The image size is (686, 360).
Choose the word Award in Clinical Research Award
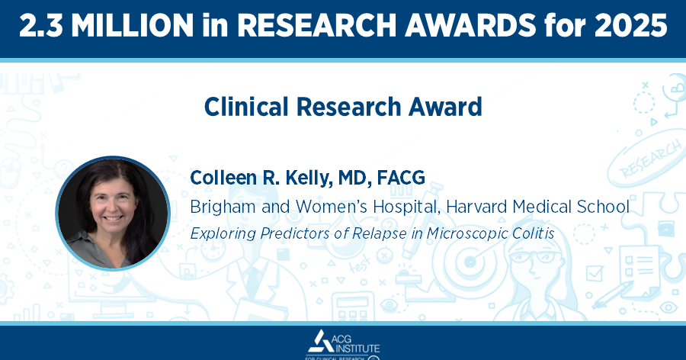click(x=447, y=107)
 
